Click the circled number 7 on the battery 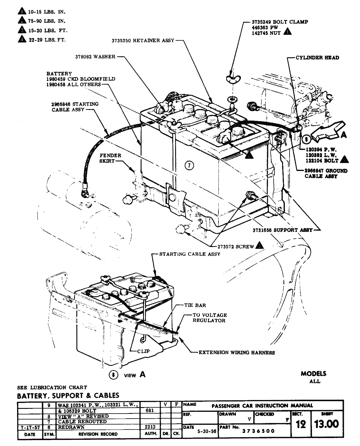coord(189,166)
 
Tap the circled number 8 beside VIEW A coord(113,375)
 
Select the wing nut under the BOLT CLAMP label coord(232,78)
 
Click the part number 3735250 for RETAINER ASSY coord(121,40)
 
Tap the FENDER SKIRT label coord(110,158)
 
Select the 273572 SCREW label coord(236,246)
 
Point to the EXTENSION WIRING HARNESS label coord(236,352)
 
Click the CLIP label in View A coord(143,351)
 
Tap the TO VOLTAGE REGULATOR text coord(210,317)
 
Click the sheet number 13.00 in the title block coord(326,424)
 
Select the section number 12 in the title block coord(300,424)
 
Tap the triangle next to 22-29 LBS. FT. coord(21,39)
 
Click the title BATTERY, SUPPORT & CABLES coord(68,395)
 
